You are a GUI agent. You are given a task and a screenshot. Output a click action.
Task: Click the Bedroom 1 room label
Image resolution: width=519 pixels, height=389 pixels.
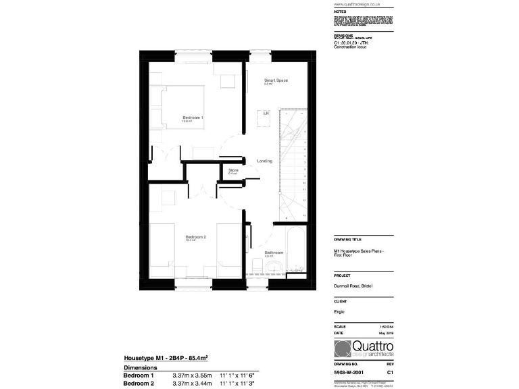click(x=193, y=118)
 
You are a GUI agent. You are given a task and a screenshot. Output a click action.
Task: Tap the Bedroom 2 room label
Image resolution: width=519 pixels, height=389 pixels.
click(x=195, y=237)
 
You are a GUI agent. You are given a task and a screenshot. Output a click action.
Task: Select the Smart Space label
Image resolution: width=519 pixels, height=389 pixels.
click(x=276, y=80)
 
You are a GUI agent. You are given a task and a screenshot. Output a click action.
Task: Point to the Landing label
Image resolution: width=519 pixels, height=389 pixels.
click(x=264, y=161)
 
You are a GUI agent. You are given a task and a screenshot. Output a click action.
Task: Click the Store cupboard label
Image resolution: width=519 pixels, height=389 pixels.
click(x=233, y=170)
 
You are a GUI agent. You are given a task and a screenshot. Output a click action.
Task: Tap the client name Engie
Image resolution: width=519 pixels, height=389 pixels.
click(x=339, y=313)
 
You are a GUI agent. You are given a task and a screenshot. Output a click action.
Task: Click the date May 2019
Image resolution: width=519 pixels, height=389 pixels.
click(x=385, y=333)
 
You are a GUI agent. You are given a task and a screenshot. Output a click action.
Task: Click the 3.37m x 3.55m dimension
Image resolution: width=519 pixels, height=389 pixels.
click(x=192, y=375)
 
